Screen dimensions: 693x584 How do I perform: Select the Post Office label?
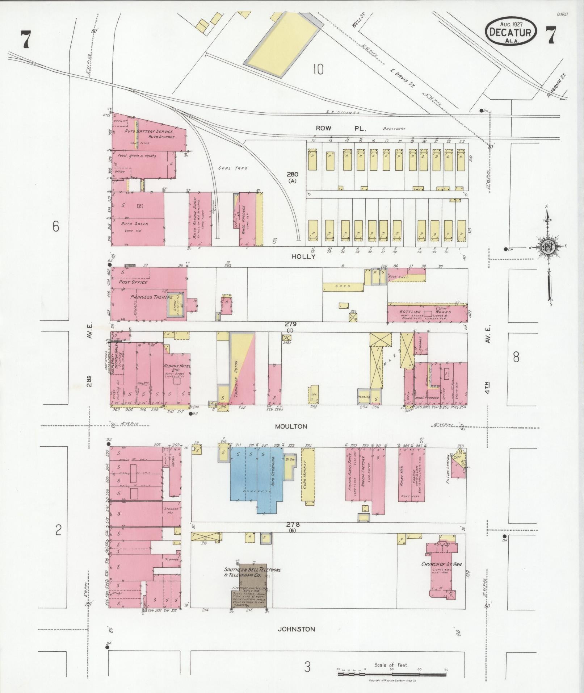tap(133, 282)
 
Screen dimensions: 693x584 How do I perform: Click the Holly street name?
tap(303, 256)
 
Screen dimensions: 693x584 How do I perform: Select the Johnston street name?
tap(296, 629)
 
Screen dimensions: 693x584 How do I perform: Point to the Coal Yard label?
tap(228, 168)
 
